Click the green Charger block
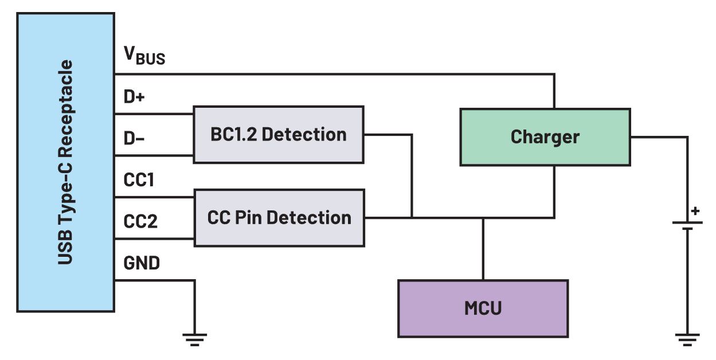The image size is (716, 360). (545, 137)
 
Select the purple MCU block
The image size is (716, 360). (483, 308)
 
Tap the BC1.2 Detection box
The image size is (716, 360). (278, 134)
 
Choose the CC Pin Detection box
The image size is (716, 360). (279, 218)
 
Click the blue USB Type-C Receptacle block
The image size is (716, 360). (65, 162)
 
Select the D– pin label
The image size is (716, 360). (134, 138)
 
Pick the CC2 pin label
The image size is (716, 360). (140, 221)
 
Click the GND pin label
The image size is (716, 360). (142, 263)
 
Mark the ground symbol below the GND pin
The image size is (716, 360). (195, 339)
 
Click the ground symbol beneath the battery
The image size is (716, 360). (687, 339)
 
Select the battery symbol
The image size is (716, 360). (687, 225)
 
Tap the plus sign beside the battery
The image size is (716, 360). (695, 211)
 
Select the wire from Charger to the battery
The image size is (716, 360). (659, 137)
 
